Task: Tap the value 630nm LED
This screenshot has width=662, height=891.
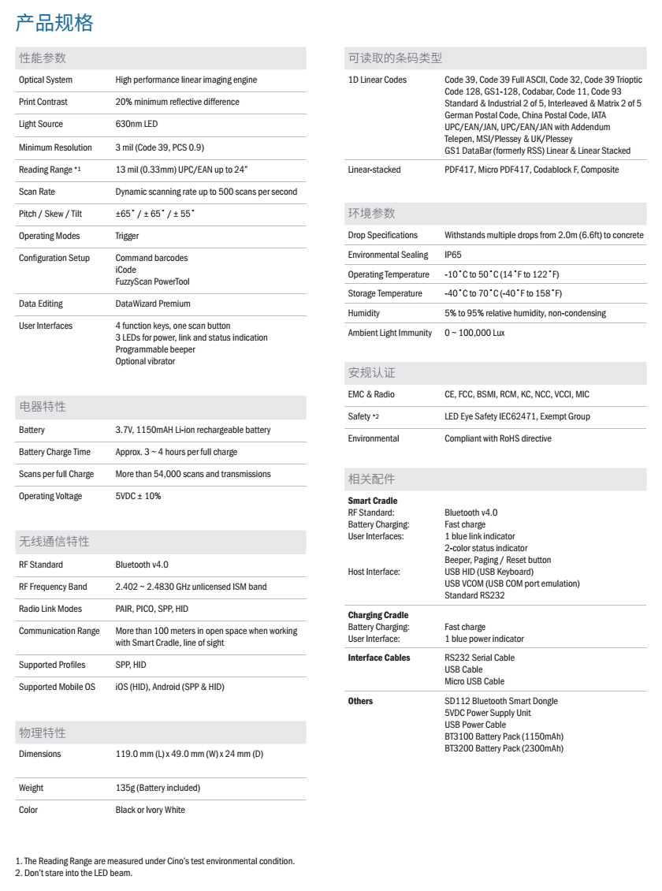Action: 137,125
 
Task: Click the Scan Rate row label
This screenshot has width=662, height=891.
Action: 36,192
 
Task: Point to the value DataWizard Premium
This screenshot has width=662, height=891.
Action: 153,304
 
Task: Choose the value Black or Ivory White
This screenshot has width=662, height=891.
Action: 151,810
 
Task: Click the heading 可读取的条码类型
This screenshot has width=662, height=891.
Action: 395,58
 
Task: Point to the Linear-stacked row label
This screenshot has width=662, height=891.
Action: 374,170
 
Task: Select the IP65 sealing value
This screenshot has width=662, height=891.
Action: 453,255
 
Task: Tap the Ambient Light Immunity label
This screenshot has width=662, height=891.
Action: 389,334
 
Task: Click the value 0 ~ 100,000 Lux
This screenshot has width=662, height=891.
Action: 474,334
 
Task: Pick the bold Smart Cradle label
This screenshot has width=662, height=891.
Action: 372,501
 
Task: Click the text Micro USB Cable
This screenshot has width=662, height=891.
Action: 474,681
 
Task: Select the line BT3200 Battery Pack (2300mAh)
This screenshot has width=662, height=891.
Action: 504,748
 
